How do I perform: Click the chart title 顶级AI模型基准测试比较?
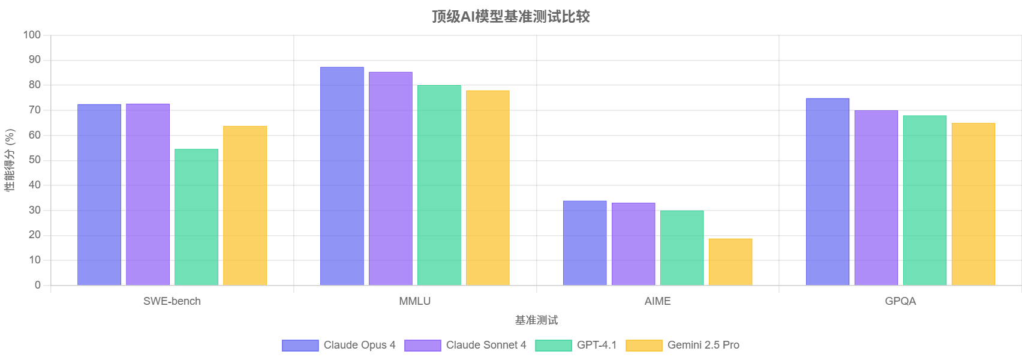tap(510, 16)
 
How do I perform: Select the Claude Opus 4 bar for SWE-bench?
tap(99, 194)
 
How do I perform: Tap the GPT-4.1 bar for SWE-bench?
tap(196, 217)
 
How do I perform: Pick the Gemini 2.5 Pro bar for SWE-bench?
tap(245, 205)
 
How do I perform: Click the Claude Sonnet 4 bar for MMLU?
tap(390, 178)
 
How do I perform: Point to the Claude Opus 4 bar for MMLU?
tap(342, 176)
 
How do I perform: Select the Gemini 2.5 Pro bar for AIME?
tap(730, 262)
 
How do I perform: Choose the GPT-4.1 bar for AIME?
tap(681, 248)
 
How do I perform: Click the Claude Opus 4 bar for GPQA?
tap(827, 191)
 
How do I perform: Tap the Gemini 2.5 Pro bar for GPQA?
tap(973, 204)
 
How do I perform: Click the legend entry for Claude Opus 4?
tap(339, 345)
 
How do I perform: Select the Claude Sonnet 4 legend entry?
tap(465, 345)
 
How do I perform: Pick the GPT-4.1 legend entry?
tap(576, 345)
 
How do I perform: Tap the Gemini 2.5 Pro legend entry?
tap(683, 345)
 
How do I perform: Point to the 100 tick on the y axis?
tap(32, 35)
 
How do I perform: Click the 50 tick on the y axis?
tap(34, 160)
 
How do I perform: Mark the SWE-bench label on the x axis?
tap(172, 301)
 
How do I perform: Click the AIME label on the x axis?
tap(657, 301)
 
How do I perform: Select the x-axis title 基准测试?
tap(536, 320)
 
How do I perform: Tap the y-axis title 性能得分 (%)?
tap(10, 160)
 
